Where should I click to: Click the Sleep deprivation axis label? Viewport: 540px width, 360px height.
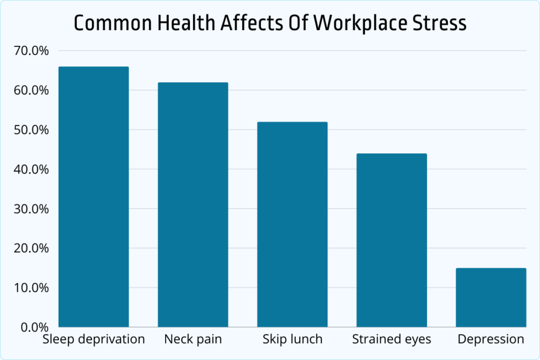[93, 339]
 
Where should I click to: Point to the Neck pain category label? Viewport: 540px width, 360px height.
[193, 339]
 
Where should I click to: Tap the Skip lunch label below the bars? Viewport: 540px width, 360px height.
[292, 339]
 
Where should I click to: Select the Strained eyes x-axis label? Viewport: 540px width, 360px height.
[391, 339]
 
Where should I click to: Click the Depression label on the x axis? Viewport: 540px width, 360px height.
[491, 339]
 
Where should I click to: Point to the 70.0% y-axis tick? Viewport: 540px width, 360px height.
[32, 51]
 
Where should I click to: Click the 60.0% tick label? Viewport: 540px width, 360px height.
[32, 91]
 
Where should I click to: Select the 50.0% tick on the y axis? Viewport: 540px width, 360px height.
[32, 130]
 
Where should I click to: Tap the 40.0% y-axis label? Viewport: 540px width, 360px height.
[32, 170]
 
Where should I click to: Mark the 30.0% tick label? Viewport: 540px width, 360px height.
[32, 209]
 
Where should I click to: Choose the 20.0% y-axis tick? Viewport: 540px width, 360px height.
[32, 248]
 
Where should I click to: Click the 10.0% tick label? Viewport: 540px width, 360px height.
[32, 288]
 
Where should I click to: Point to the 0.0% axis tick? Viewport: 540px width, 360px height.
[34, 327]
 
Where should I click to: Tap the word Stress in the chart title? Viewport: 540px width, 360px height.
[441, 23]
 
